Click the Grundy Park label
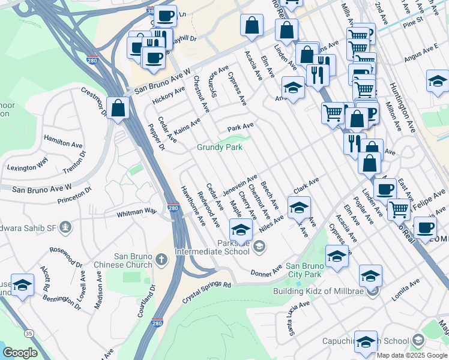point(220,148)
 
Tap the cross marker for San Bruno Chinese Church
point(160,259)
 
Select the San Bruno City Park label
point(308,266)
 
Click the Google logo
point(20,353)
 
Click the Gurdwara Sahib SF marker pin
point(65,227)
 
